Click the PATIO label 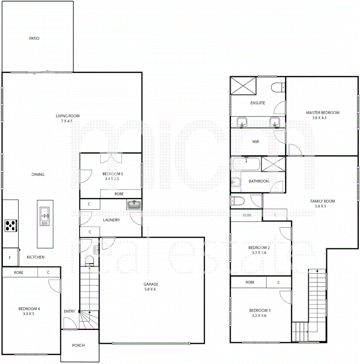pyautogui.click(x=34, y=38)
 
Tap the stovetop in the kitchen pyautogui.click(x=10, y=225)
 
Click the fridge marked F pyautogui.click(x=10, y=258)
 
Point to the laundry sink pyautogui.click(x=134, y=205)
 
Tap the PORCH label pyautogui.click(x=78, y=345)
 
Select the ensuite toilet pyautogui.click(x=277, y=87)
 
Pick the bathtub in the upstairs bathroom pyautogui.click(x=246, y=164)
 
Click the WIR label pyautogui.click(x=256, y=142)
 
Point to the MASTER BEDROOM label pyautogui.click(x=323, y=113)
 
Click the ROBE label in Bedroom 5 pyautogui.click(x=119, y=194)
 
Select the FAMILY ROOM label pyautogui.click(x=323, y=201)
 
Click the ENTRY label pyautogui.click(x=69, y=311)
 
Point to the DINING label pyautogui.click(x=38, y=175)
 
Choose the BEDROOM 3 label pyautogui.click(x=260, y=310)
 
